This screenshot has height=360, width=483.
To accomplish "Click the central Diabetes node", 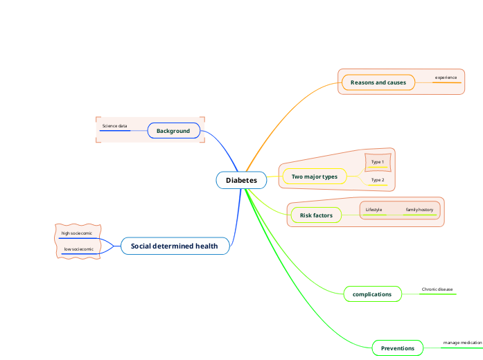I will pyautogui.click(x=241, y=180).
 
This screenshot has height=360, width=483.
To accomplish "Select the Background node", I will pyautogui.click(x=173, y=131).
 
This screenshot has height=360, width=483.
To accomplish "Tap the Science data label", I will pyautogui.click(x=114, y=126).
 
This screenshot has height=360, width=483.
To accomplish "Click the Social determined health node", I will pyautogui.click(x=175, y=246).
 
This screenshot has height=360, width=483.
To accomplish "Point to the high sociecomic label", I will pyautogui.click(x=76, y=233).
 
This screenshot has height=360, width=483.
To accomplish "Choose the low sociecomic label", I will pyautogui.click(x=78, y=249).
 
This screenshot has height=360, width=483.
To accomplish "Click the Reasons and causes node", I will pyautogui.click(x=378, y=82).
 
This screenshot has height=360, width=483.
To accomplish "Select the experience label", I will pyautogui.click(x=446, y=78).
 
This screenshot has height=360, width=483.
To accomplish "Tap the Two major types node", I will pyautogui.click(x=314, y=177).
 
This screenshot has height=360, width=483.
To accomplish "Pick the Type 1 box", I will pyautogui.click(x=378, y=162).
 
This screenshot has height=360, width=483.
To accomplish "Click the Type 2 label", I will pyautogui.click(x=378, y=180).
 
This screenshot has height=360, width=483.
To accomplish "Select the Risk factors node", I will pyautogui.click(x=316, y=215).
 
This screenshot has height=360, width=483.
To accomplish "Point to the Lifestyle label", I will pyautogui.click(x=374, y=209).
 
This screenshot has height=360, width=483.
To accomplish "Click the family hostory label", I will pyautogui.click(x=419, y=209).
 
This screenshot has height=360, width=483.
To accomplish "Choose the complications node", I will pyautogui.click(x=372, y=294).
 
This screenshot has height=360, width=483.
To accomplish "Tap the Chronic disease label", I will pyautogui.click(x=437, y=289).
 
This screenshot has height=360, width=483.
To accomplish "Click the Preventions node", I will pyautogui.click(x=397, y=348).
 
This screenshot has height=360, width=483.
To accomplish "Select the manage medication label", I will pyautogui.click(x=462, y=343).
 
